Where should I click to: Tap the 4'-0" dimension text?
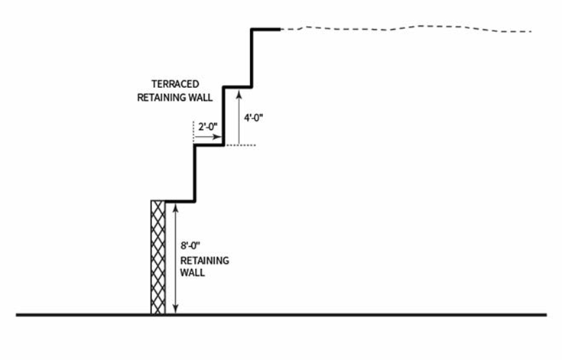click(x=255, y=119)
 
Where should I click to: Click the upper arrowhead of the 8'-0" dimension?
click(x=177, y=208)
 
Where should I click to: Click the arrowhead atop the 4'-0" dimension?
click(x=239, y=92)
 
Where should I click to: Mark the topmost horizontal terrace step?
click(x=265, y=30)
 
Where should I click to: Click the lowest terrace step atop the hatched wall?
click(x=180, y=203)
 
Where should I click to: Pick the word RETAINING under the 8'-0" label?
click(x=204, y=261)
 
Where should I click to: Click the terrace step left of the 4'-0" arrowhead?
click(x=237, y=86)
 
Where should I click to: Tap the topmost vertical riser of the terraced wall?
click(x=252, y=57)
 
